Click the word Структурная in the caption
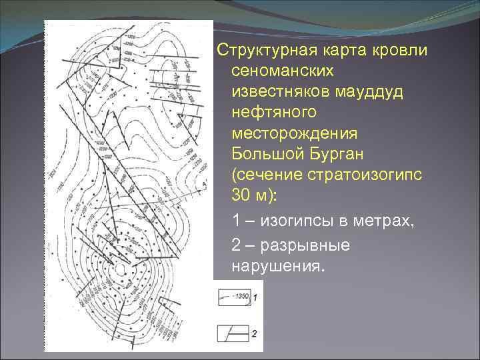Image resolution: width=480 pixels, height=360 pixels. click(x=266, y=51)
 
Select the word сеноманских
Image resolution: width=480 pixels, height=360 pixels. click(x=283, y=70)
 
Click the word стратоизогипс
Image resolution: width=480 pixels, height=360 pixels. click(x=363, y=175)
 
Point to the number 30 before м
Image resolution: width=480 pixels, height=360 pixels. click(x=241, y=194)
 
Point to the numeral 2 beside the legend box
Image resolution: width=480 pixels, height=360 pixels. click(x=255, y=333)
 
